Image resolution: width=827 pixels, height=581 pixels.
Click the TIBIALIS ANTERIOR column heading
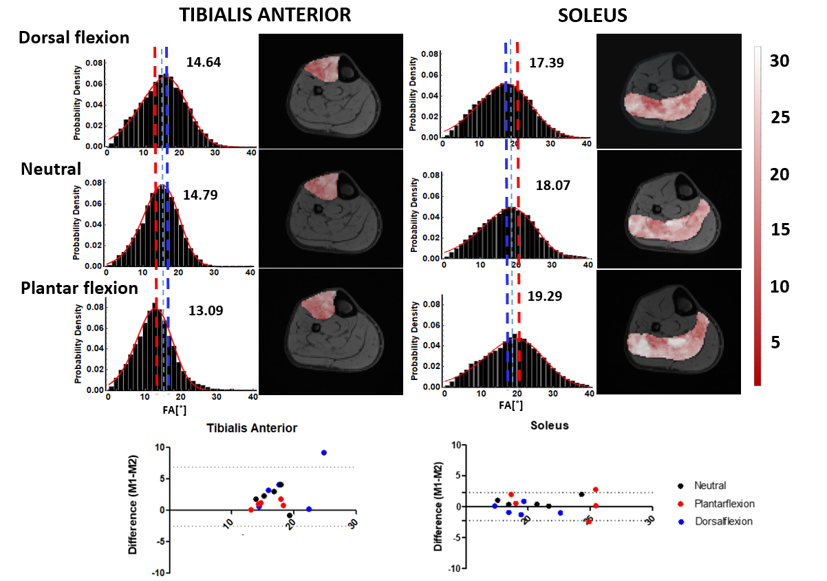[266, 15]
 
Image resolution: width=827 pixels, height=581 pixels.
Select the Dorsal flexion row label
[74, 38]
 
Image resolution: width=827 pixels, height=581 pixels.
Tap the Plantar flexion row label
[80, 288]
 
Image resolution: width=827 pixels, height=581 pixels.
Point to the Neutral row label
[51, 169]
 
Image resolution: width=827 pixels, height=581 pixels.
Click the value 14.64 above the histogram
[203, 63]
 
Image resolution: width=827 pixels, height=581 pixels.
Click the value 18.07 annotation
[553, 185]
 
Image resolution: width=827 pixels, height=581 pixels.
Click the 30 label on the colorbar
[779, 61]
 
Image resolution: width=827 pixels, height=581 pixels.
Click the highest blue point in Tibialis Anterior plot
[323, 452]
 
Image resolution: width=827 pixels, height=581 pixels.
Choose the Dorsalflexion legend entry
[723, 522]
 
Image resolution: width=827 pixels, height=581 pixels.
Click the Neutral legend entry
[710, 486]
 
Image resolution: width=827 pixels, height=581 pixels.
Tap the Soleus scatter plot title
[550, 425]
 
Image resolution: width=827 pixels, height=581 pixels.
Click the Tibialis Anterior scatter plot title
[252, 427]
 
